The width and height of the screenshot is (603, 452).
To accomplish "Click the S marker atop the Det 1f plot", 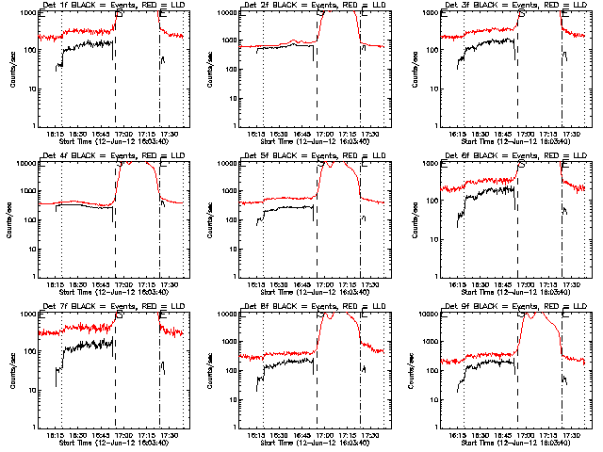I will coord(117,15).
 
